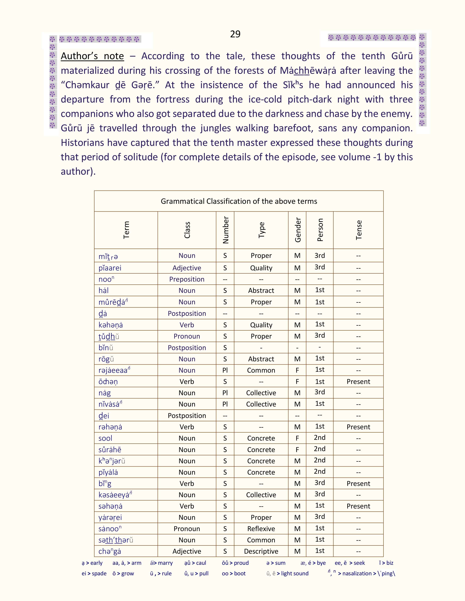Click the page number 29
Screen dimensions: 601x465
(x=235, y=34)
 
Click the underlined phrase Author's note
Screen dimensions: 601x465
(x=92, y=56)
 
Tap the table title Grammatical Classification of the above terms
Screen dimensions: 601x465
(x=239, y=201)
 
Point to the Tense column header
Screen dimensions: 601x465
(x=358, y=230)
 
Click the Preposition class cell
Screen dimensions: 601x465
(x=187, y=279)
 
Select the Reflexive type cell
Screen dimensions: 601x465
(x=261, y=529)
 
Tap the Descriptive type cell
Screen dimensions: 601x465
(x=261, y=551)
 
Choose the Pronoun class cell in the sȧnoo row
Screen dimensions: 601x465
(x=187, y=529)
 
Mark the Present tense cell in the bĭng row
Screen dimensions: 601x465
(x=358, y=484)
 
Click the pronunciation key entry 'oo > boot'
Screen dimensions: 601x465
(x=234, y=573)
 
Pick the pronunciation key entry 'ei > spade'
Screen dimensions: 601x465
(x=94, y=573)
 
